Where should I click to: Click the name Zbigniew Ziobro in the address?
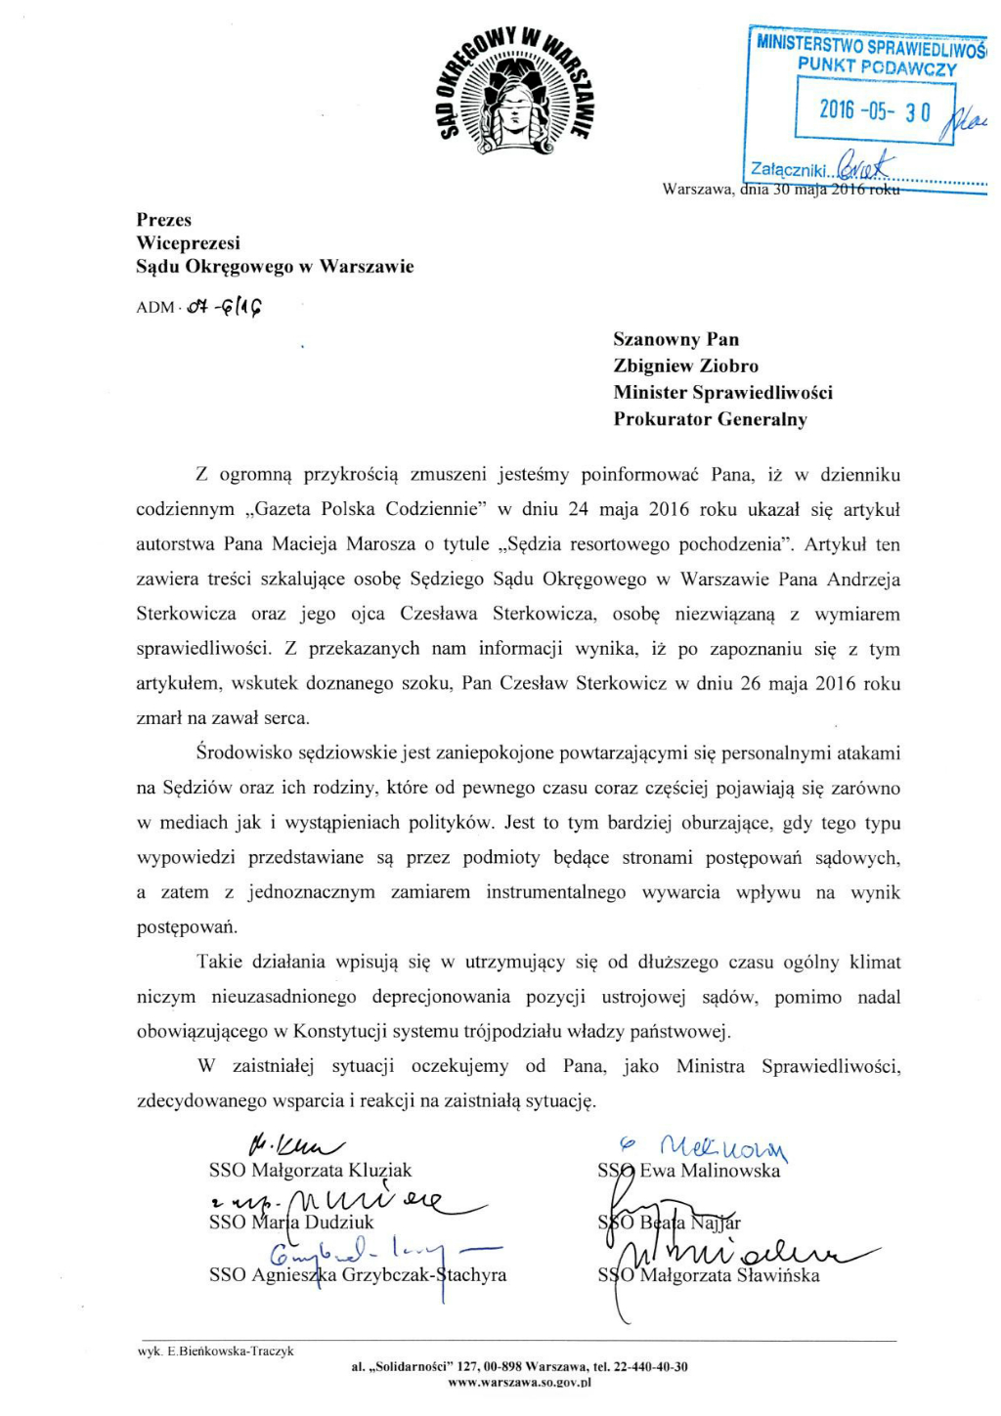point(685,366)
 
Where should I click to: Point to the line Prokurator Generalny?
point(710,419)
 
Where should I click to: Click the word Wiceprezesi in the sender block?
point(188,243)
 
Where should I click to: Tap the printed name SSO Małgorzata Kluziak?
point(310,1170)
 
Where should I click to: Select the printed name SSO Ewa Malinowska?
point(689,1170)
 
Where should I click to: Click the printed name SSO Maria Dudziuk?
point(290,1222)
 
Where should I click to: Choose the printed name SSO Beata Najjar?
point(670,1222)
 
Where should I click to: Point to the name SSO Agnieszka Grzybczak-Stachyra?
point(357,1274)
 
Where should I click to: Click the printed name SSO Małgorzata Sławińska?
point(709,1274)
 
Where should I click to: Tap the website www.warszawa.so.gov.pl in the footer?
point(519,1383)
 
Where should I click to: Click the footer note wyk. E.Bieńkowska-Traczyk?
point(215,1352)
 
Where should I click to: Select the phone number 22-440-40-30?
point(650,1367)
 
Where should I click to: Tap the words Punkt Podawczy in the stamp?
point(877,66)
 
